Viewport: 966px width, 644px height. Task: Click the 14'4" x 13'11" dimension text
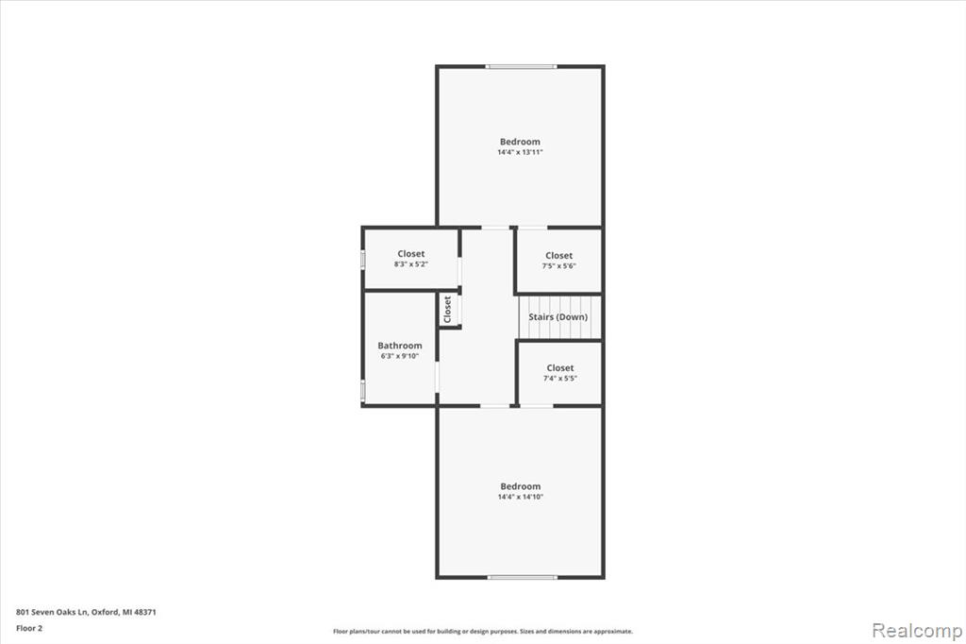click(x=520, y=152)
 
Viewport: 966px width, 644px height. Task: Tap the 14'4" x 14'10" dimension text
click(x=521, y=497)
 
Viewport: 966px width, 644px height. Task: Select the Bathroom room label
click(x=400, y=346)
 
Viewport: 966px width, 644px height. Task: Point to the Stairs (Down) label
click(x=558, y=317)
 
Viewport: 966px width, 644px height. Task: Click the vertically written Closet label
click(x=448, y=309)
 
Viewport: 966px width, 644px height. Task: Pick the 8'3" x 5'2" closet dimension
click(x=411, y=264)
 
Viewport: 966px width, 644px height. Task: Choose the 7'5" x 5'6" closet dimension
click(x=558, y=266)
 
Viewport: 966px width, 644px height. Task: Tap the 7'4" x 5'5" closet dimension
click(x=560, y=378)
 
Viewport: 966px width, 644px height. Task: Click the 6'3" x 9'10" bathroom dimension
click(x=400, y=356)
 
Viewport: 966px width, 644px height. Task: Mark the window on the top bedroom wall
click(x=521, y=67)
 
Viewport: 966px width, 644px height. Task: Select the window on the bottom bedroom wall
click(x=523, y=577)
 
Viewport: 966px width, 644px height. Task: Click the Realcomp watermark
click(x=917, y=631)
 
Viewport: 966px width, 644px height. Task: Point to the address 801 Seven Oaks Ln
click(x=53, y=612)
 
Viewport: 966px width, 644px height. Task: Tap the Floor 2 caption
click(x=29, y=629)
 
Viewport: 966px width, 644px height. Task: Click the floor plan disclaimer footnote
click(x=483, y=631)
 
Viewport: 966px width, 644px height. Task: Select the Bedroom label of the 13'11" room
click(x=520, y=142)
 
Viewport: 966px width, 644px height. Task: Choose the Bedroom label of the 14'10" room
click(x=521, y=486)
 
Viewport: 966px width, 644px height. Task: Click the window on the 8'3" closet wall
click(x=363, y=259)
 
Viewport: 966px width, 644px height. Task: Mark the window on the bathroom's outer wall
click(x=363, y=390)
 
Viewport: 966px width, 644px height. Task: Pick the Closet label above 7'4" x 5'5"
click(x=560, y=367)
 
